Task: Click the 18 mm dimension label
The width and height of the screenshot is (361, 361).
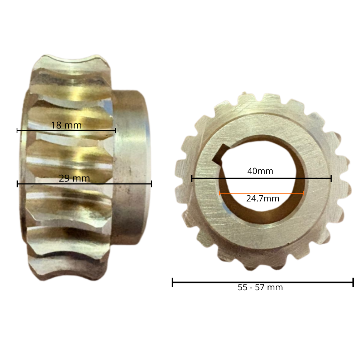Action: (x=66, y=125)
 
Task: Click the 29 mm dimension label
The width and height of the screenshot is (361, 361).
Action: (x=74, y=178)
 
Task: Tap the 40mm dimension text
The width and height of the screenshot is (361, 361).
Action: (x=260, y=171)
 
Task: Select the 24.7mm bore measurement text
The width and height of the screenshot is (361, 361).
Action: (x=263, y=199)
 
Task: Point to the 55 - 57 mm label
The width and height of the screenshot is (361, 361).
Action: (x=260, y=287)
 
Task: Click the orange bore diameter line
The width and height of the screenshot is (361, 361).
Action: (x=261, y=193)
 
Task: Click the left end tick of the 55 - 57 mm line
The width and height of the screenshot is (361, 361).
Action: (x=173, y=282)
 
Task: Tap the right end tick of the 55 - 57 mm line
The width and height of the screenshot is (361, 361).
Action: (x=353, y=282)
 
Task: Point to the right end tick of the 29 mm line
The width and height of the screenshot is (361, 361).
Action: (x=151, y=184)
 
